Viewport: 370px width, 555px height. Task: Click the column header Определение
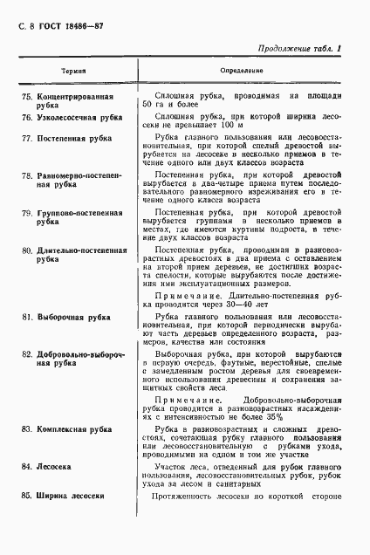tap(242, 67)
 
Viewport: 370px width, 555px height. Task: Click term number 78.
tap(26, 175)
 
